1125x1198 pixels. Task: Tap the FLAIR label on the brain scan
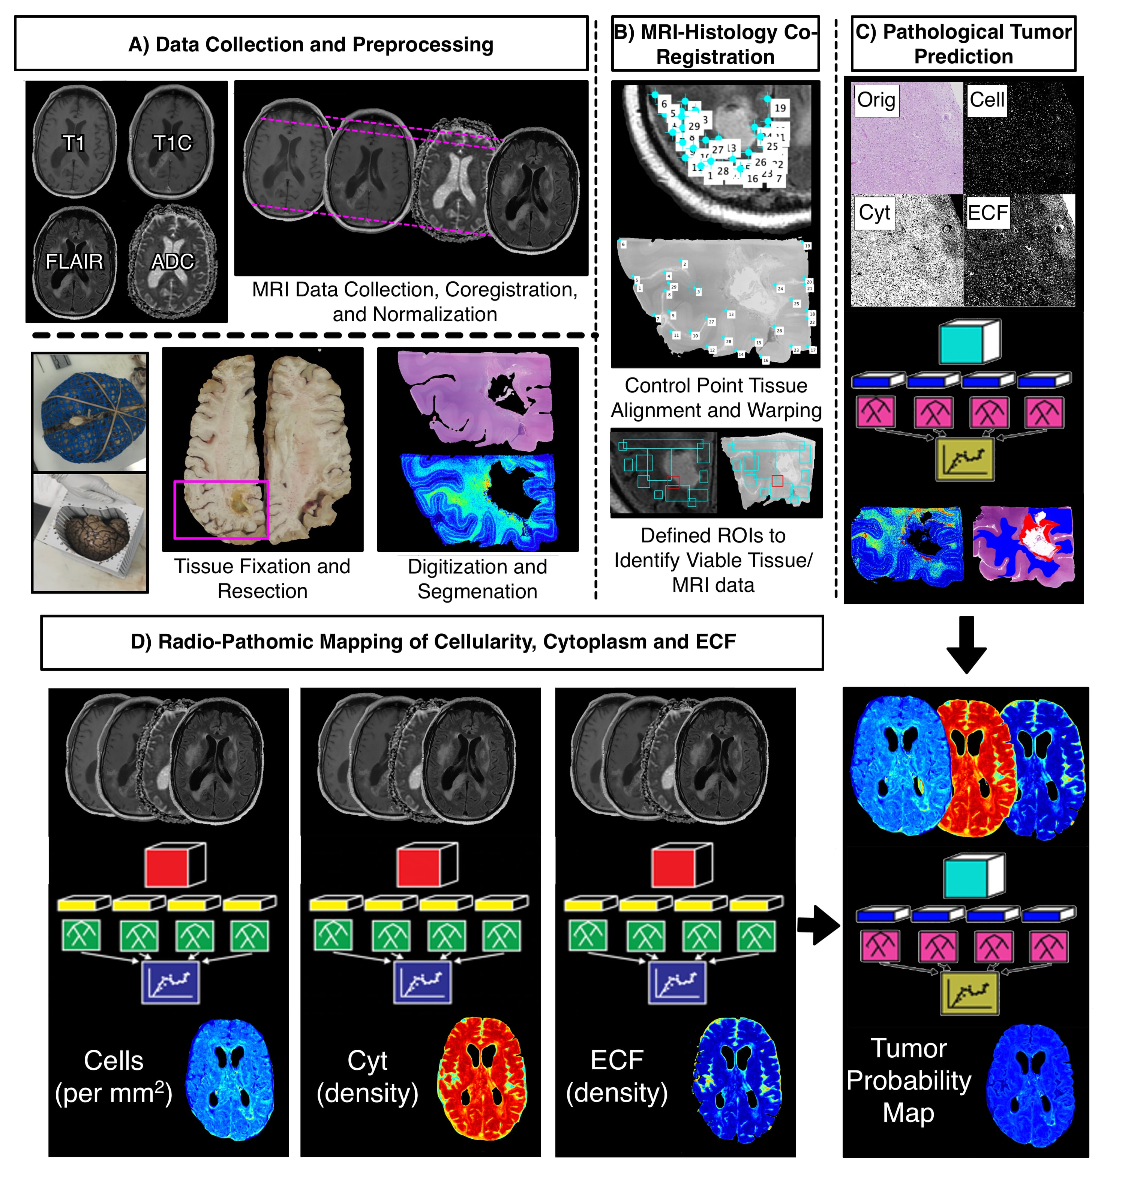tap(74, 262)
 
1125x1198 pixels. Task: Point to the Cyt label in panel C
tap(874, 213)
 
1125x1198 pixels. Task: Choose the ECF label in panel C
tap(987, 213)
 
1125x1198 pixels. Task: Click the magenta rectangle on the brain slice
tap(221, 509)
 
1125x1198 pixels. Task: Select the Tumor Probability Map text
tap(908, 1081)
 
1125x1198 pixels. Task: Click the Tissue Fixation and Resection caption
tap(262, 579)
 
